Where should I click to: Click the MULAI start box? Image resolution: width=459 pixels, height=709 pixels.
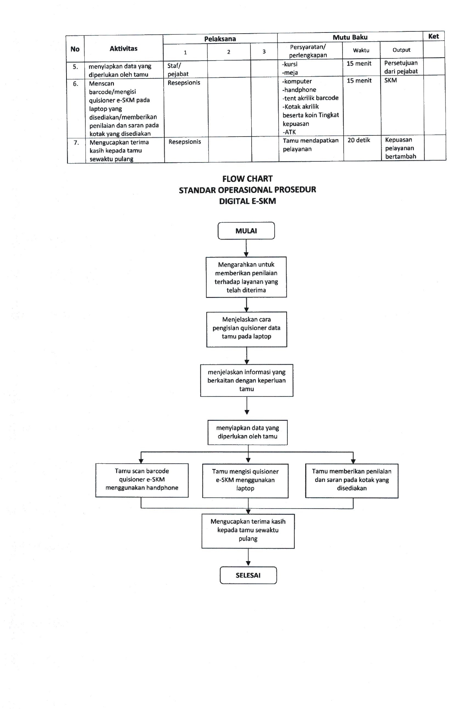tap(246, 231)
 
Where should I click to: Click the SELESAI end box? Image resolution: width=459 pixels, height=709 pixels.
tap(248, 575)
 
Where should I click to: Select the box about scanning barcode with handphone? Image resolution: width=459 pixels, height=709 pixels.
tap(142, 480)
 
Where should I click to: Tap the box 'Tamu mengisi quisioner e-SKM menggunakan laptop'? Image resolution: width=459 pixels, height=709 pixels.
tap(245, 480)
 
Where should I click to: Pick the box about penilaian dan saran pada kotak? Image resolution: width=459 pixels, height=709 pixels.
tap(352, 480)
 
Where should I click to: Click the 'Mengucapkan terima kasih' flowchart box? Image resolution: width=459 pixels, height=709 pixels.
tap(248, 530)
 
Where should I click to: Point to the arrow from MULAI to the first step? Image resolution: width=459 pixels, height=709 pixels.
tap(246, 248)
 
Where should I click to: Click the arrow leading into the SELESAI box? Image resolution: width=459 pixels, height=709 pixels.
tap(248, 557)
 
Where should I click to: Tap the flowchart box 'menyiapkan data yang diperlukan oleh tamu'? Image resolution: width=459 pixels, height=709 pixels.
tap(248, 432)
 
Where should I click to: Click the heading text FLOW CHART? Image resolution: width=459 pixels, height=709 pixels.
tap(247, 179)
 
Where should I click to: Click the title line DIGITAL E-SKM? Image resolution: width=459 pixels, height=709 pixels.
tap(247, 201)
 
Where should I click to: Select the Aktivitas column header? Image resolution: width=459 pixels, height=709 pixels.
tap(123, 49)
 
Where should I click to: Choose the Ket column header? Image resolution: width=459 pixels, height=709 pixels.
tap(433, 36)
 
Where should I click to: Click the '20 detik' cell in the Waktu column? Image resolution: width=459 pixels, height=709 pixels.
tap(359, 140)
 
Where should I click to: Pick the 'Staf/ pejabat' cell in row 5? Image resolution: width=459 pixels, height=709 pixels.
tap(178, 70)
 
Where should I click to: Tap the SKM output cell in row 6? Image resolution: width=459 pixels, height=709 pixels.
tap(391, 80)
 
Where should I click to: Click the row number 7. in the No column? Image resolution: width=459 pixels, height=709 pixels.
tap(76, 143)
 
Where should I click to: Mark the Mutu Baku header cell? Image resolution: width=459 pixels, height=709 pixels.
tap(350, 37)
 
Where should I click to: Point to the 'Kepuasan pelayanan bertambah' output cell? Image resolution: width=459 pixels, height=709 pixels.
tap(401, 148)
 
